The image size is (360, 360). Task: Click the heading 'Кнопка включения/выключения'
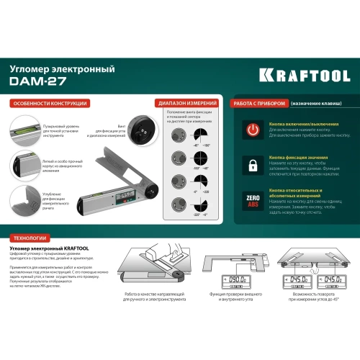coord(298,123)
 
